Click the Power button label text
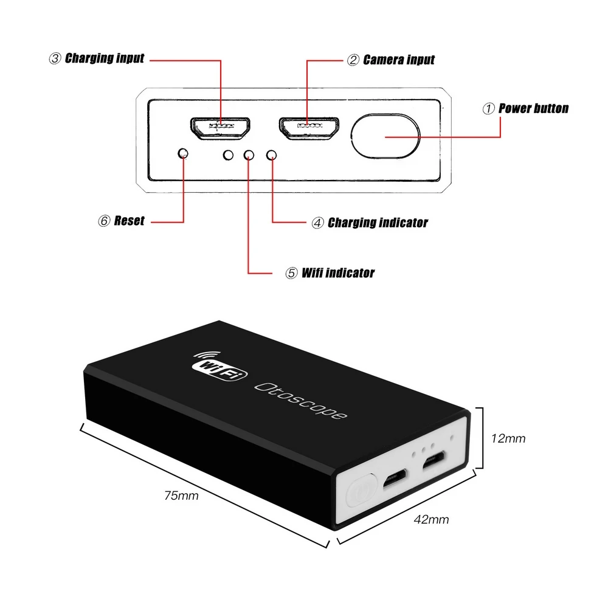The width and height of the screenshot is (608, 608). [x=533, y=109]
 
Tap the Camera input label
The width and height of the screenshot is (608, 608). [x=399, y=60]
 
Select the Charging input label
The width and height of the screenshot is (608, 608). [x=105, y=58]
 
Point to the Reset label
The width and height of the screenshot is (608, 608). [x=129, y=221]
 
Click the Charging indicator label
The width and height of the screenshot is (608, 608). [x=378, y=223]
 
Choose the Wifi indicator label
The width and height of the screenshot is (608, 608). [x=338, y=273]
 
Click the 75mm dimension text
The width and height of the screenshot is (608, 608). [x=182, y=496]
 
